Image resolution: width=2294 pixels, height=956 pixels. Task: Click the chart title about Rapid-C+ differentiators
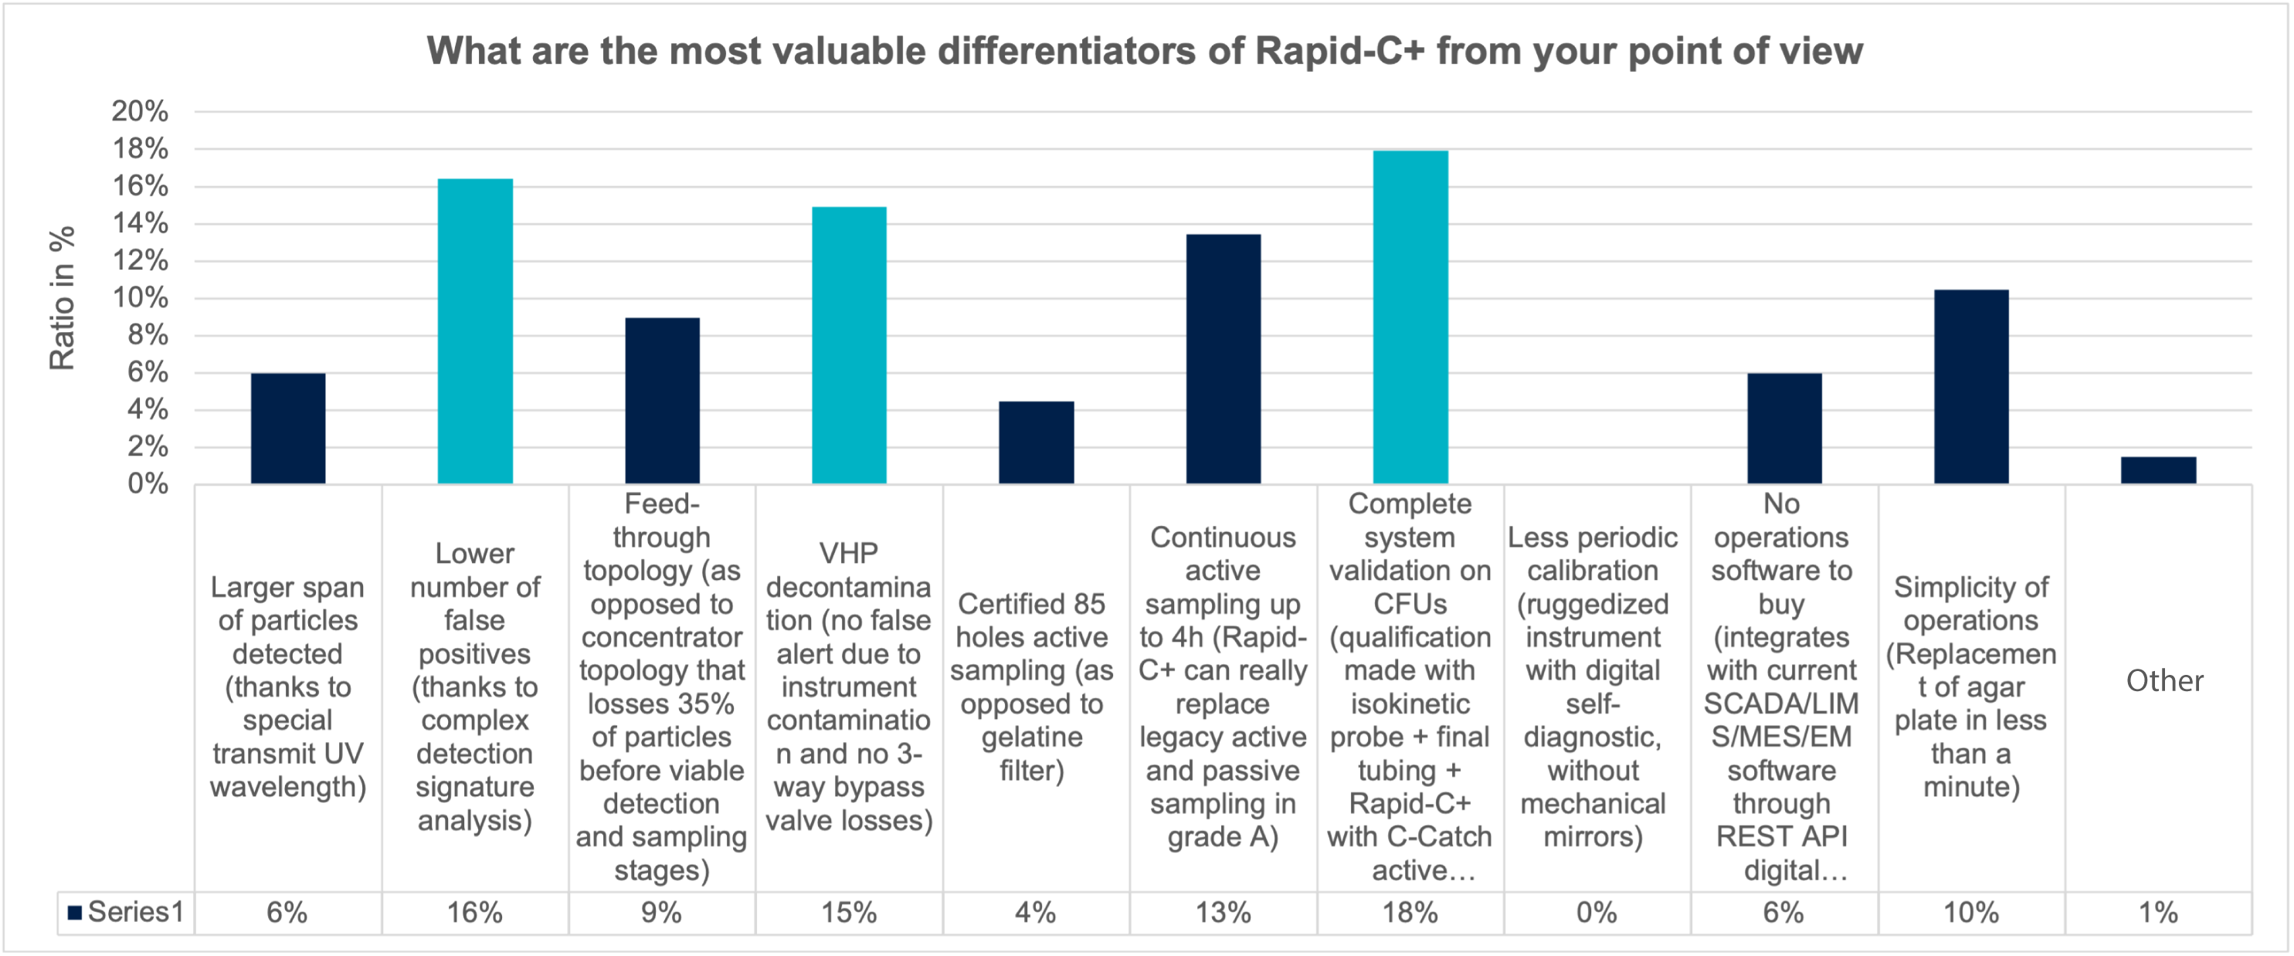tap(1145, 51)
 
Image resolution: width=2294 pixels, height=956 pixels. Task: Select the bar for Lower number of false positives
tap(475, 331)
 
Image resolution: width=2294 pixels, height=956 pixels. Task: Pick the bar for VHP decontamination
tap(849, 345)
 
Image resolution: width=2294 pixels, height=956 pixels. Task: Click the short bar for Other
tap(2158, 470)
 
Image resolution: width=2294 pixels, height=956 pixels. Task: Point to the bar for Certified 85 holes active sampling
tap(1036, 442)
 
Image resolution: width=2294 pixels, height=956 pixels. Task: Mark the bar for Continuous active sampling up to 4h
tap(1223, 359)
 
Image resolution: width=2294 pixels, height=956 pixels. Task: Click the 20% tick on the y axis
tap(140, 111)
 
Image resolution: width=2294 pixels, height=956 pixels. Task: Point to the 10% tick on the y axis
tap(140, 297)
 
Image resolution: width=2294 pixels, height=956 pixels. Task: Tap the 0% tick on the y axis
tap(147, 483)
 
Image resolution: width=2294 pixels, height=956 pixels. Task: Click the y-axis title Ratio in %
tap(62, 298)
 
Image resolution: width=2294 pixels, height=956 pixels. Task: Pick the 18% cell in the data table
tap(1410, 913)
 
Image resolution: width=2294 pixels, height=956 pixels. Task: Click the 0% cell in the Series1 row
tap(1597, 913)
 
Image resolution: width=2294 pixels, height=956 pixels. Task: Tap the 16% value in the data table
tap(475, 913)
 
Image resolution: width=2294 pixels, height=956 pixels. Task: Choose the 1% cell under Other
tap(2158, 913)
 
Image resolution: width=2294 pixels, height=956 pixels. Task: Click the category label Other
tap(2164, 681)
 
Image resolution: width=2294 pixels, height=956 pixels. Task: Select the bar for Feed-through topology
tap(662, 401)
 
